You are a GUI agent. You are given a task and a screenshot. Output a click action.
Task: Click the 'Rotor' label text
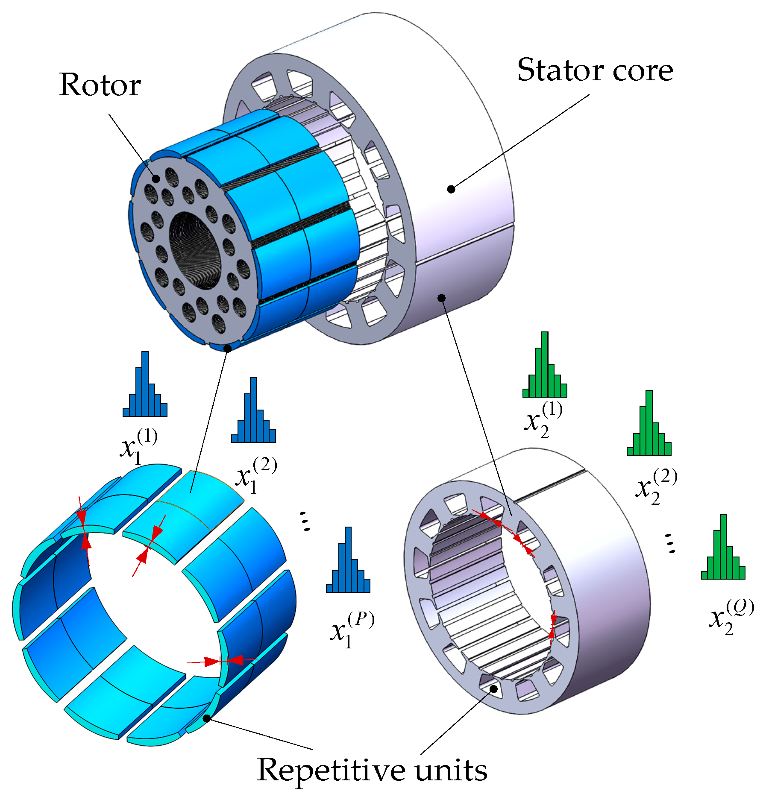(x=100, y=85)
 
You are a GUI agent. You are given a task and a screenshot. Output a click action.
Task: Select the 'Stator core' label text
(x=595, y=70)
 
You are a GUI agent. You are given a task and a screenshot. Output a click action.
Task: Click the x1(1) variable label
(x=138, y=447)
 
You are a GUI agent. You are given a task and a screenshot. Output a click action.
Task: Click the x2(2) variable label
(x=656, y=487)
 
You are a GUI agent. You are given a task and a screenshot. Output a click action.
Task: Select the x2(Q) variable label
(x=731, y=618)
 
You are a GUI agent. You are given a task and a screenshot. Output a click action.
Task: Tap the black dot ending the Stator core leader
(x=451, y=189)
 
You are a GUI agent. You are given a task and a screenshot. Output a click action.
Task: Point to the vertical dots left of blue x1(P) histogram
(x=305, y=521)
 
